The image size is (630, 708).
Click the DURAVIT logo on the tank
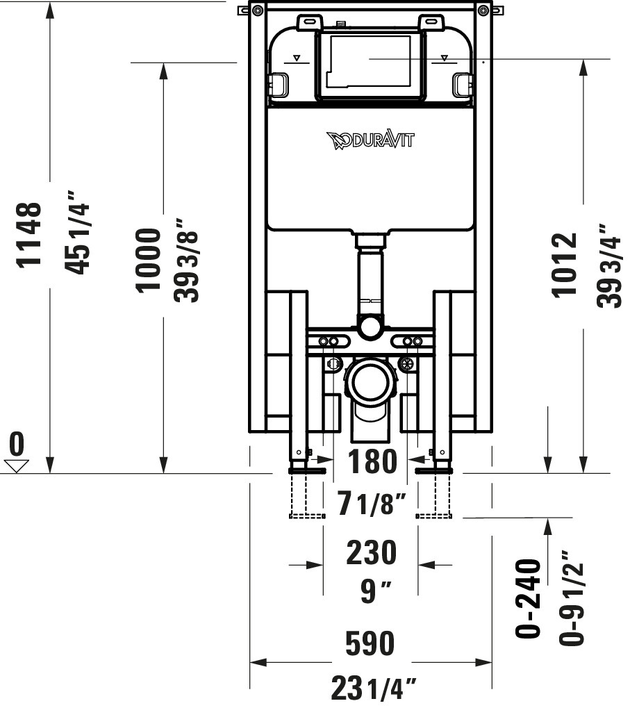click(370, 140)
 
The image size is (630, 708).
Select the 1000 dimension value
click(149, 259)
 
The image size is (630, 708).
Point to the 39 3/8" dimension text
click(187, 260)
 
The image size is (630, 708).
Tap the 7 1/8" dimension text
click(371, 504)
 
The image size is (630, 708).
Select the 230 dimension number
click(372, 552)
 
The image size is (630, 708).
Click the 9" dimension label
click(375, 592)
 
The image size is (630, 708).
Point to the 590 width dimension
click(371, 643)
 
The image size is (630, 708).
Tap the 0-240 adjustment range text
click(529, 598)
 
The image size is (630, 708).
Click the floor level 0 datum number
click(17, 443)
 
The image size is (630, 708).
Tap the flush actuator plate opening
click(370, 63)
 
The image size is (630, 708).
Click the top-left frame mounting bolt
click(258, 10)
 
